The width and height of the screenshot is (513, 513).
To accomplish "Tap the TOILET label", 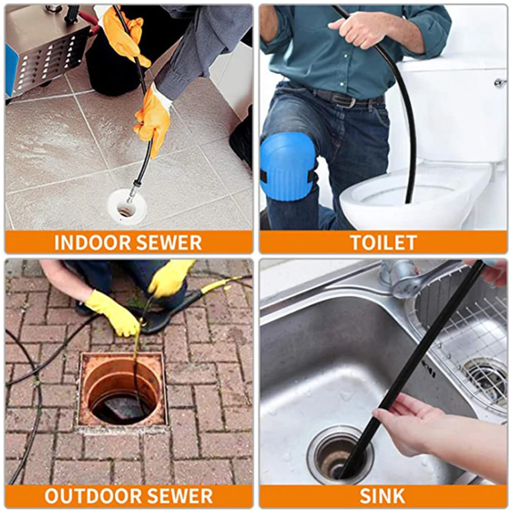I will coord(383,242).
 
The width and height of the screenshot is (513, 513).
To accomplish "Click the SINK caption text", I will coord(382,496).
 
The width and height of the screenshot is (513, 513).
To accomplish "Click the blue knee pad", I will coord(287,166).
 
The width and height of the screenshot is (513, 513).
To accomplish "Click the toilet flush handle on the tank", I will coord(499,83).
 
